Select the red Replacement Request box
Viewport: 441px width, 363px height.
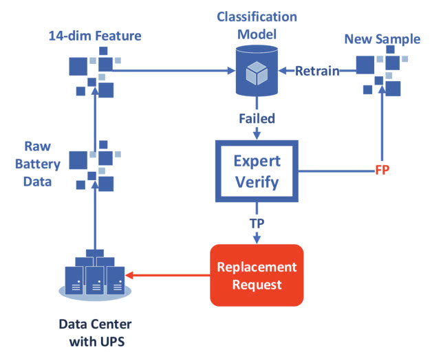tap(257, 275)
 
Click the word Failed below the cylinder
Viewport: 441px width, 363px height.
tap(257, 119)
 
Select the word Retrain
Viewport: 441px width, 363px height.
tap(320, 69)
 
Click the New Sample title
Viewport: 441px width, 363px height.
tap(383, 40)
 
